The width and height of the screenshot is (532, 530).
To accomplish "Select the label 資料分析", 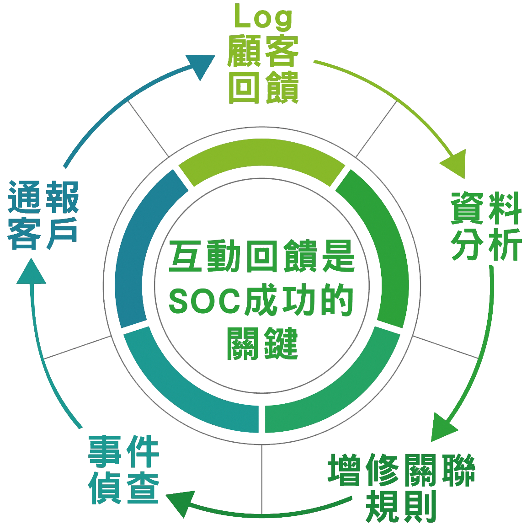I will click(486, 227).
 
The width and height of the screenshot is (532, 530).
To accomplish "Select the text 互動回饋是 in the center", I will click(262, 258).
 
